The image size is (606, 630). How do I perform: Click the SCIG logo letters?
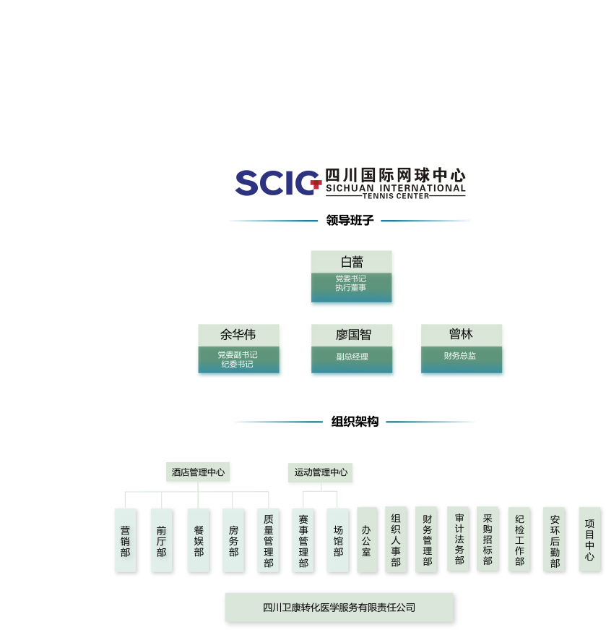point(277,183)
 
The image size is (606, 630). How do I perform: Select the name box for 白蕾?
point(352,262)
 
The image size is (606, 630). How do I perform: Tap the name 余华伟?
point(239,335)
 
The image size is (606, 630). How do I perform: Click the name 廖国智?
point(353,335)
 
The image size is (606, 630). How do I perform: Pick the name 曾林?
point(462,334)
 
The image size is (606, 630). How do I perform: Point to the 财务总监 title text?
point(460,356)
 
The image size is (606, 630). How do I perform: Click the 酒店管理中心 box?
point(199,473)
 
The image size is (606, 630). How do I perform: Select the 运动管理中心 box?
point(321,473)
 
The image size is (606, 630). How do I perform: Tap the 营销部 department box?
point(125,540)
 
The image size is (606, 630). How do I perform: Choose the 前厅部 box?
point(161,540)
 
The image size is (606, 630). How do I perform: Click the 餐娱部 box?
point(198,540)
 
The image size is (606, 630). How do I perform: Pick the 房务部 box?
point(233,540)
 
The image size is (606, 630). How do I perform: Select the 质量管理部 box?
point(268,540)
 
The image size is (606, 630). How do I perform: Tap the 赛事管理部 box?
point(303,540)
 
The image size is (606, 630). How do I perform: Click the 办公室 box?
point(366,540)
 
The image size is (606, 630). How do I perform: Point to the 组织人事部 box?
point(396,540)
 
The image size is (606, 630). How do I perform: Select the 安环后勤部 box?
point(554,540)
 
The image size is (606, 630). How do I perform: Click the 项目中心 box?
point(589,540)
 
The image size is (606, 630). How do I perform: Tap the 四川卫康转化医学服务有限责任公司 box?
point(339,608)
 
